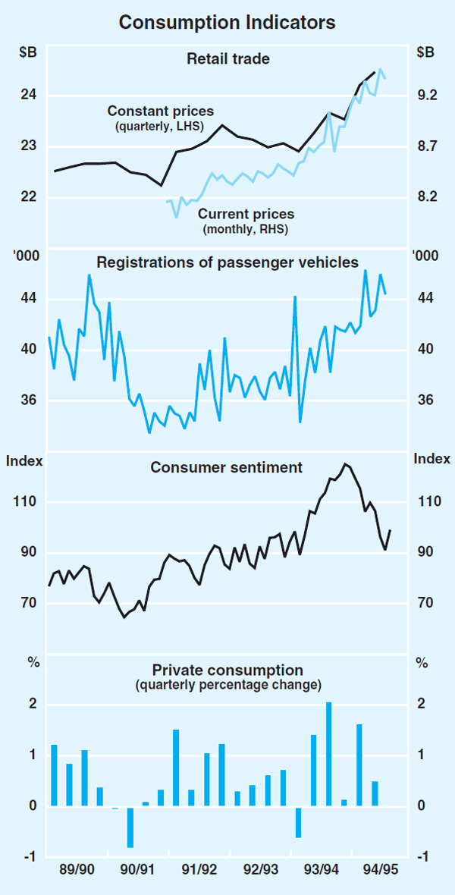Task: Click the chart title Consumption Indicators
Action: [227, 24]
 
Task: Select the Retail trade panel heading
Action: [228, 58]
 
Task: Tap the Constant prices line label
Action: [161, 111]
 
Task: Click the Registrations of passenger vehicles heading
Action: [227, 262]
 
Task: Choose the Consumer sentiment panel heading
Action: [227, 467]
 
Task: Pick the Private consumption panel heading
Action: [227, 670]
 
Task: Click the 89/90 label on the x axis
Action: [77, 868]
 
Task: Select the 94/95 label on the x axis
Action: [378, 868]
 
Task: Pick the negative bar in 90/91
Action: [130, 826]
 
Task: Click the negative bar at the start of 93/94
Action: [299, 821]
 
